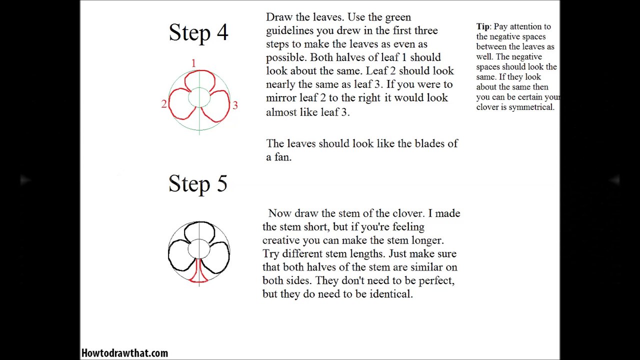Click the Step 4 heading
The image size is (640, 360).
(198, 32)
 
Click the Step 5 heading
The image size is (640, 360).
(198, 183)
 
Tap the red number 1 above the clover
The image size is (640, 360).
(193, 63)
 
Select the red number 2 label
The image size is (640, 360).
(163, 104)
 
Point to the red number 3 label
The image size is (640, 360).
(235, 105)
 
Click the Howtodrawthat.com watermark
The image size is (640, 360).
(124, 353)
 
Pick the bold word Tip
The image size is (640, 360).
(482, 26)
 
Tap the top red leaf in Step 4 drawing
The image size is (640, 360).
(199, 80)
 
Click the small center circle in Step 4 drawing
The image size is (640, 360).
(199, 97)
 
